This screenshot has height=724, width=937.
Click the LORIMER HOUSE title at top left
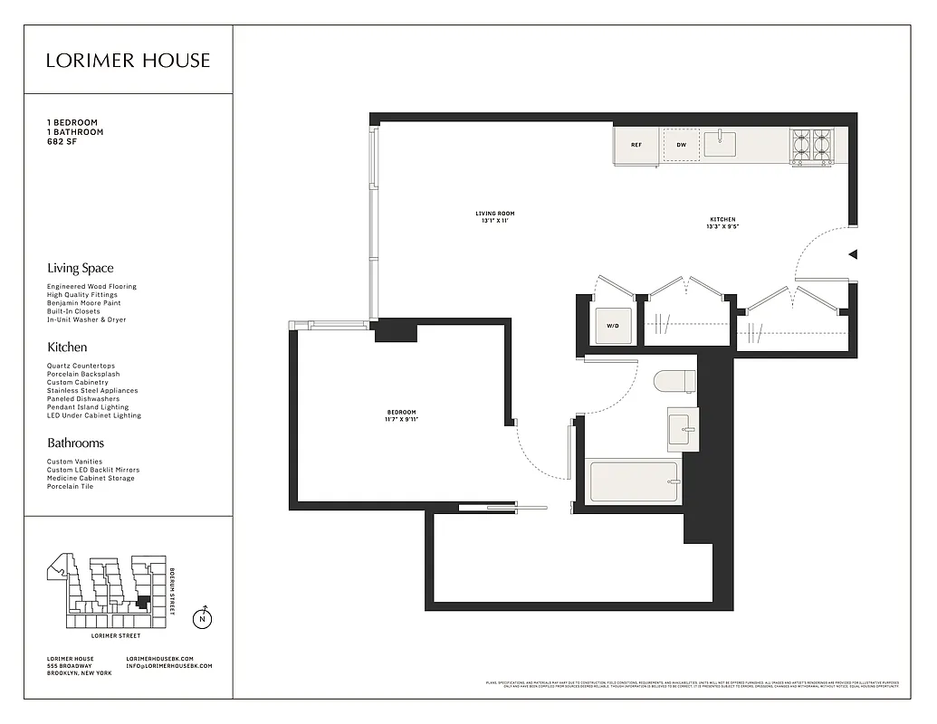point(128,61)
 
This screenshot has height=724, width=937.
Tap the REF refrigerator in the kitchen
point(636,145)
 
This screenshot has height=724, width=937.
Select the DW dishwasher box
point(681,145)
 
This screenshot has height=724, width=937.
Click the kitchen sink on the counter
point(720,144)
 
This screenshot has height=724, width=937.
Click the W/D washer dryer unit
point(611,326)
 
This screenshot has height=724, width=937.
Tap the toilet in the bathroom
point(674,381)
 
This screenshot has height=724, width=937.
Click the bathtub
point(634,482)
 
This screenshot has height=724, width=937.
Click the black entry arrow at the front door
point(852,255)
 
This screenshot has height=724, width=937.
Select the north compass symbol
point(203,620)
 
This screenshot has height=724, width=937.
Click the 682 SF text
point(62,141)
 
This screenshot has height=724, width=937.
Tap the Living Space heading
point(81,268)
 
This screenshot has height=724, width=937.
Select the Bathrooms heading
point(75,443)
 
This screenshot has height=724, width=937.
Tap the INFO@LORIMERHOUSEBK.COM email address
point(169,666)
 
